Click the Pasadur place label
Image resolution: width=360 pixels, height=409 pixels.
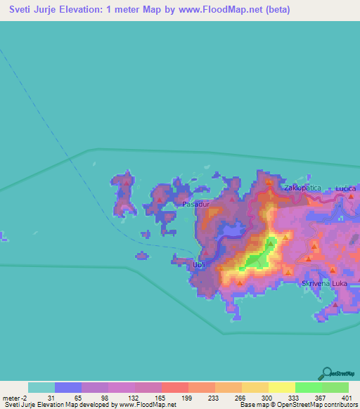pyautogui.click(x=196, y=204)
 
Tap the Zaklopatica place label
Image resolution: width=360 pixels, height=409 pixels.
pyautogui.click(x=302, y=188)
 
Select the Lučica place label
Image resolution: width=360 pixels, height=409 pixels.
pyautogui.click(x=347, y=188)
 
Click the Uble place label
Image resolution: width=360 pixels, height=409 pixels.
pyautogui.click(x=200, y=264)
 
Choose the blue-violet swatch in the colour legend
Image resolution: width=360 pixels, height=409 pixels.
pyautogui.click(x=67, y=387)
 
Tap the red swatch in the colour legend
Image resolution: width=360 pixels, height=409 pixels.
pyautogui.click(x=174, y=387)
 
